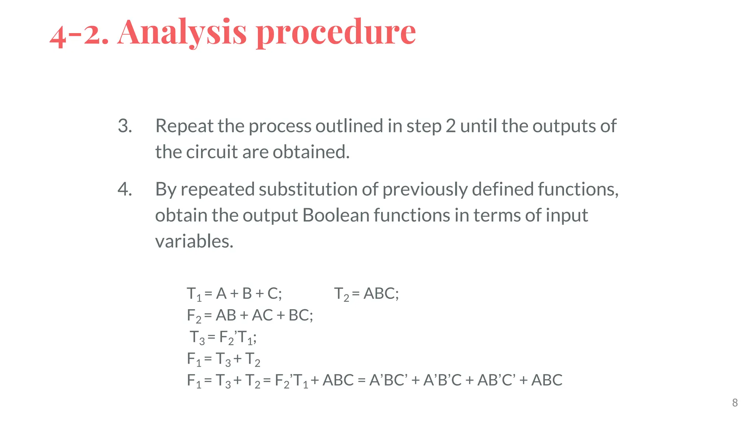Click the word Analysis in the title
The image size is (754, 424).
pyautogui.click(x=182, y=32)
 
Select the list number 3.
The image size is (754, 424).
pyautogui.click(x=125, y=126)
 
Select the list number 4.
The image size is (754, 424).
pyautogui.click(x=125, y=189)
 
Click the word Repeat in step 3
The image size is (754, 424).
pyautogui.click(x=184, y=126)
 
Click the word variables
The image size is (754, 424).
pyautogui.click(x=194, y=241)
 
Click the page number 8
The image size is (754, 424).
pyautogui.click(x=735, y=403)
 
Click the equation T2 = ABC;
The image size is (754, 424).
pyautogui.click(x=366, y=294)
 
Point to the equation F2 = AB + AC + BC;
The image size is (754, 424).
pyautogui.click(x=250, y=316)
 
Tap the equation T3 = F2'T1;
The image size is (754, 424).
pyautogui.click(x=223, y=338)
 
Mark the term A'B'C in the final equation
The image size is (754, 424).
pyautogui.click(x=442, y=380)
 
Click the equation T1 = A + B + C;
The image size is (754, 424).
pyautogui.click(x=235, y=294)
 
